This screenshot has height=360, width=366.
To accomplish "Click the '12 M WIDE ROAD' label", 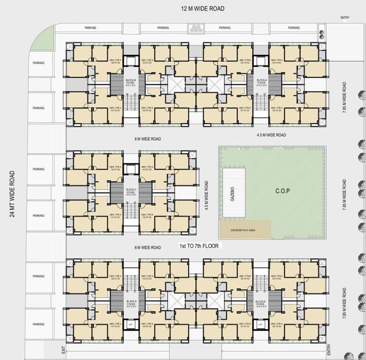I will [x=203, y=8].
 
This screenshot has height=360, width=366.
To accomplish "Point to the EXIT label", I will [x=62, y=350].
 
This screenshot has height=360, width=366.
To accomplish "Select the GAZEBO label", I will [x=232, y=193].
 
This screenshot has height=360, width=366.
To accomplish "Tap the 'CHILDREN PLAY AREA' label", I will [x=242, y=231].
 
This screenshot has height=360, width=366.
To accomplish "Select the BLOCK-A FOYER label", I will [x=261, y=83].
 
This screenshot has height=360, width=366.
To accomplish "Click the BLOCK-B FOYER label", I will [x=130, y=83].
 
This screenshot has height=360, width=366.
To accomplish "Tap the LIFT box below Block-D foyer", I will [x=131, y=324].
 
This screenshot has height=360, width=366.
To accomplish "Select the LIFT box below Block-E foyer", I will [x=259, y=324].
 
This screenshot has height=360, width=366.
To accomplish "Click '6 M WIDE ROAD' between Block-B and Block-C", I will [x=148, y=139].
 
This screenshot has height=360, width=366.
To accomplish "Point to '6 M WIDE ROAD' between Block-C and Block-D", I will [x=148, y=247].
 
